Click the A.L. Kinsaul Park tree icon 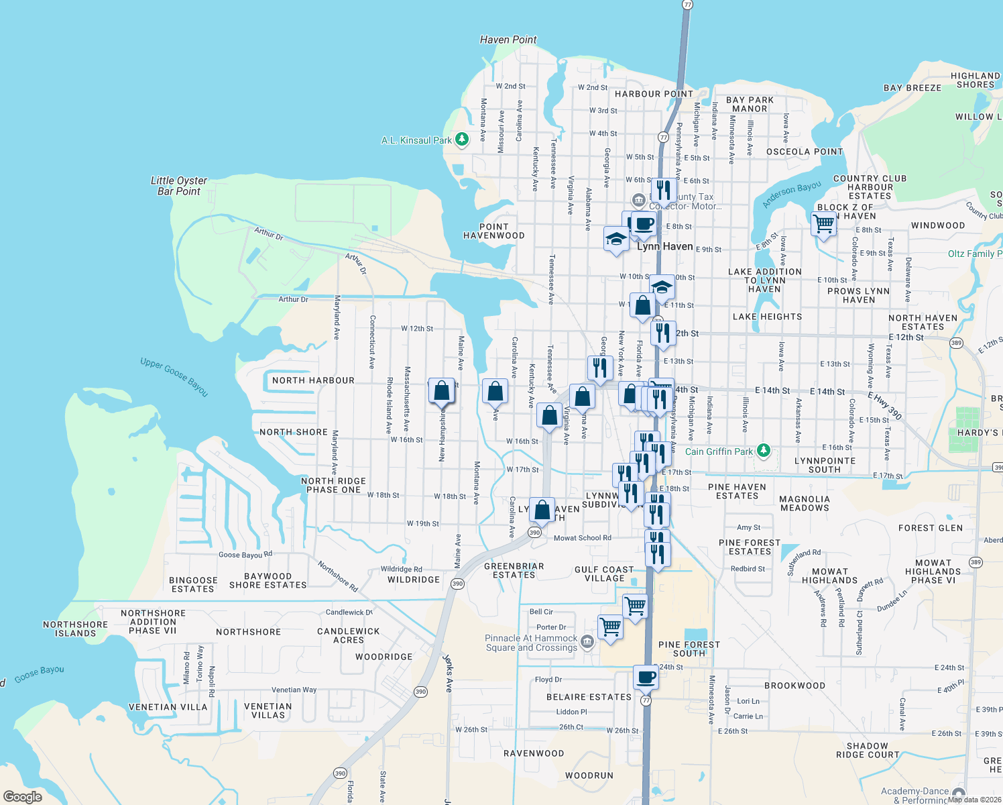(x=461, y=140)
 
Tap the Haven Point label (x=508, y=40)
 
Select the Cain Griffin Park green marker (x=763, y=451)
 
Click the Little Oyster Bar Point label (x=179, y=186)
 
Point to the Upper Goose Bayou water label (x=174, y=376)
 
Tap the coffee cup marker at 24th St (x=646, y=678)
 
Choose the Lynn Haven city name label (x=664, y=246)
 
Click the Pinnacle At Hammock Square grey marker (x=587, y=642)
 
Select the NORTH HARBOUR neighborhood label (x=313, y=380)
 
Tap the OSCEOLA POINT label (x=805, y=152)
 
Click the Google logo (x=23, y=796)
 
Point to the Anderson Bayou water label (x=792, y=194)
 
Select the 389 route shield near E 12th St (x=956, y=343)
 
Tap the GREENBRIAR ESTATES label (x=514, y=570)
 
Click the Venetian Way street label (x=294, y=690)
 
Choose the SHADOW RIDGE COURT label (x=868, y=750)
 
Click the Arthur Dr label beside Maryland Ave (x=293, y=299)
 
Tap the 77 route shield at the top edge (x=687, y=4)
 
